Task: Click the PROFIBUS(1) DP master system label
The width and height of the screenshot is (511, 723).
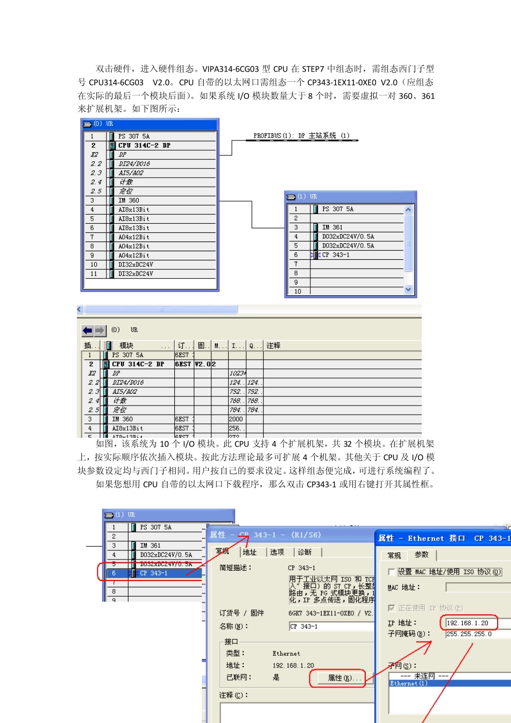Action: pyautogui.click(x=301, y=136)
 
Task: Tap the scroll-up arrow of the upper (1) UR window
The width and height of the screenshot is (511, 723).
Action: pyautogui.click(x=408, y=210)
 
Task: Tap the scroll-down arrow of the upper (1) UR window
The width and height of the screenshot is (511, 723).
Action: pyautogui.click(x=408, y=289)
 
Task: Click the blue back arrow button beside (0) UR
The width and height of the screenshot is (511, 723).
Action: pyautogui.click(x=87, y=330)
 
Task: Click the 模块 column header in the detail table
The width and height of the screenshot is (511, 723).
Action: pyautogui.click(x=126, y=345)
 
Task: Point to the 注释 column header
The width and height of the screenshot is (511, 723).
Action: pyautogui.click(x=273, y=345)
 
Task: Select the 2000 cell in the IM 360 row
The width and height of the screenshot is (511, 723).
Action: pyautogui.click(x=236, y=419)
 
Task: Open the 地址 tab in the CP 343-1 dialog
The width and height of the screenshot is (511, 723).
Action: pyautogui.click(x=250, y=552)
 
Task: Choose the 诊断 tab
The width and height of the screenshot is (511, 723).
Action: pyautogui.click(x=304, y=552)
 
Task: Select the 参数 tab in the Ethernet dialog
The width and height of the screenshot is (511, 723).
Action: pyautogui.click(x=422, y=555)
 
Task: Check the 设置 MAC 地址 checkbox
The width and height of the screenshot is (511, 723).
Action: pyautogui.click(x=392, y=572)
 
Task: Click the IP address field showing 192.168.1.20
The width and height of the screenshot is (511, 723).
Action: pyautogui.click(x=467, y=623)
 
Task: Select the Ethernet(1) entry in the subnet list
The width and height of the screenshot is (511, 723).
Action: pyautogui.click(x=409, y=684)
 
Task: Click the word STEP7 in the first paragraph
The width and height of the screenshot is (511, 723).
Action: pyautogui.click(x=313, y=69)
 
